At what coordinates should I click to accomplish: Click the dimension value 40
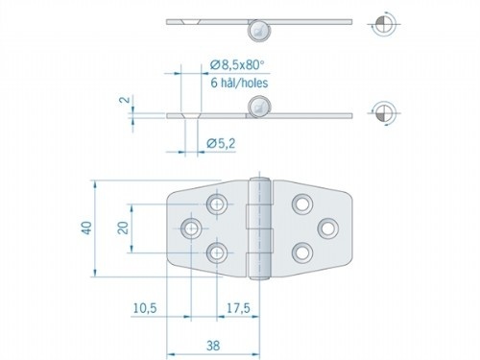point(85,228)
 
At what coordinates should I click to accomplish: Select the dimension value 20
point(122,228)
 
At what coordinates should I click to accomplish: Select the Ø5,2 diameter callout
point(223,143)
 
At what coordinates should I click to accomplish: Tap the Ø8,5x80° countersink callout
point(236,65)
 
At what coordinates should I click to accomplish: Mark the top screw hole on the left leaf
point(219,204)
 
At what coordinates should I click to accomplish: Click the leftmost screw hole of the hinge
point(191,228)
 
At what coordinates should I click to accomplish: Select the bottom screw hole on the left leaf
point(219,253)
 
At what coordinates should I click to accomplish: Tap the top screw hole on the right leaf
point(301,204)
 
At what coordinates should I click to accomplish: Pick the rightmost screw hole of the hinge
point(327,228)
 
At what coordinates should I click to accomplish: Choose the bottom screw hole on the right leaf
point(301,252)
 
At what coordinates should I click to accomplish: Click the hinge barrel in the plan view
point(257,228)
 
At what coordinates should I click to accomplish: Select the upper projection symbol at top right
point(381,22)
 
